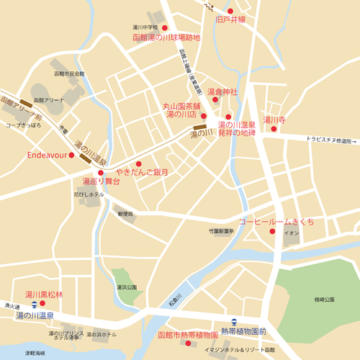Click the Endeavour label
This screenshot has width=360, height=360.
[x=46, y=155]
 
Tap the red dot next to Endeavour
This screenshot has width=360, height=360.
[x=71, y=155]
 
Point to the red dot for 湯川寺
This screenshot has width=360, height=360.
[x=274, y=129]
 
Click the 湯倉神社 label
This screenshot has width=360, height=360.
[x=222, y=92]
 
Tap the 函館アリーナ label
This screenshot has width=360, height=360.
[x=49, y=100]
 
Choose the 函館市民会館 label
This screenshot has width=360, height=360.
[x=69, y=74]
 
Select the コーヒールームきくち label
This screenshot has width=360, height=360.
[x=276, y=221]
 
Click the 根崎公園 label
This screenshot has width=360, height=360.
[x=325, y=299]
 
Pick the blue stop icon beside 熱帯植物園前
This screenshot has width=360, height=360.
[x=234, y=322]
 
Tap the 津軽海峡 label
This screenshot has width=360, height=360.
[x=35, y=353]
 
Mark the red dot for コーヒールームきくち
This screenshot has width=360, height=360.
[x=272, y=231]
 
